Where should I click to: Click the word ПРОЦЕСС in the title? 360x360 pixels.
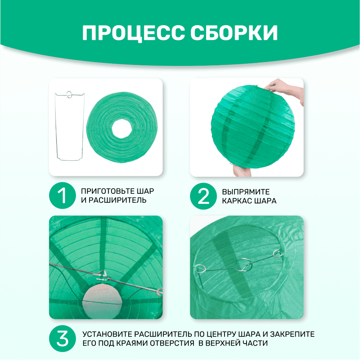(133, 33)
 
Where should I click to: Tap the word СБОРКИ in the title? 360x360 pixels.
(234, 33)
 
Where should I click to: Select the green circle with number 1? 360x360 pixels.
(62, 195)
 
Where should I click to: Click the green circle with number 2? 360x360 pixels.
(203, 196)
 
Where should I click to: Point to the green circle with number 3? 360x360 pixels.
(62, 338)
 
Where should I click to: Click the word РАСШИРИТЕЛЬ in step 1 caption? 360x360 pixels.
(117, 200)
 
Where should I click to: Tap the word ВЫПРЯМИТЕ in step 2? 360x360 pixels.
(246, 192)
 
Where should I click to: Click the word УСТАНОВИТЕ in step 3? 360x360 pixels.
(107, 334)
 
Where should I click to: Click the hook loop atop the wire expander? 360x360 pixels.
(70, 94)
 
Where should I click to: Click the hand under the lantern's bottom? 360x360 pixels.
(241, 170)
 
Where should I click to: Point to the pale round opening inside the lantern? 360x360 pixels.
(102, 301)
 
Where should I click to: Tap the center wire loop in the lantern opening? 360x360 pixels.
(245, 265)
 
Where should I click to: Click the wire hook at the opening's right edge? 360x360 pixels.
(278, 253)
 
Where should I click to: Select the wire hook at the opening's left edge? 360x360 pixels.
(200, 268)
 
